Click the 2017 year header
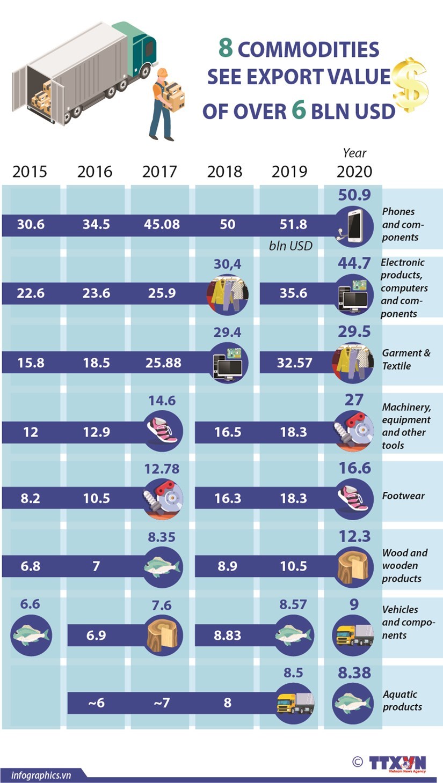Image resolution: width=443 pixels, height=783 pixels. pyautogui.click(x=159, y=172)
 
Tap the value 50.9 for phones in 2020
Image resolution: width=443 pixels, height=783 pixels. pyautogui.click(x=354, y=195)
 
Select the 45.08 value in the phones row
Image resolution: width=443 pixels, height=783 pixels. pyautogui.click(x=162, y=224)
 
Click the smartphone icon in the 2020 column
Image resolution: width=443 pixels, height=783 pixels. pyautogui.click(x=353, y=225)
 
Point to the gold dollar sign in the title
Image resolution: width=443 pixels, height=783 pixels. pyautogui.click(x=410, y=84)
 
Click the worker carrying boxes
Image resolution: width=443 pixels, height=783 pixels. pyautogui.click(x=166, y=105)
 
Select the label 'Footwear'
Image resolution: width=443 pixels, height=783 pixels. pyautogui.click(x=403, y=496)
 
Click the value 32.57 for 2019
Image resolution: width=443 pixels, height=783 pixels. pyautogui.click(x=294, y=363)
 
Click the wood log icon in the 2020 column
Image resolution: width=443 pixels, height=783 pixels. pyautogui.click(x=353, y=567)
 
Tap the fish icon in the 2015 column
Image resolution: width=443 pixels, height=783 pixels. pyautogui.click(x=31, y=636)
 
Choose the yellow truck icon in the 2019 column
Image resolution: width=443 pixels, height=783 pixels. pyautogui.click(x=294, y=703)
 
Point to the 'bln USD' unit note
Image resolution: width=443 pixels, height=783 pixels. pyautogui.click(x=290, y=246)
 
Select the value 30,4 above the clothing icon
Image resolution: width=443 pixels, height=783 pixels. pyautogui.click(x=227, y=264)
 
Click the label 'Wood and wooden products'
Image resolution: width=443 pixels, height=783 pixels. pyautogui.click(x=404, y=566)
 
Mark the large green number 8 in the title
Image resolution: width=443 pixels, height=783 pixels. pyautogui.click(x=226, y=48)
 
